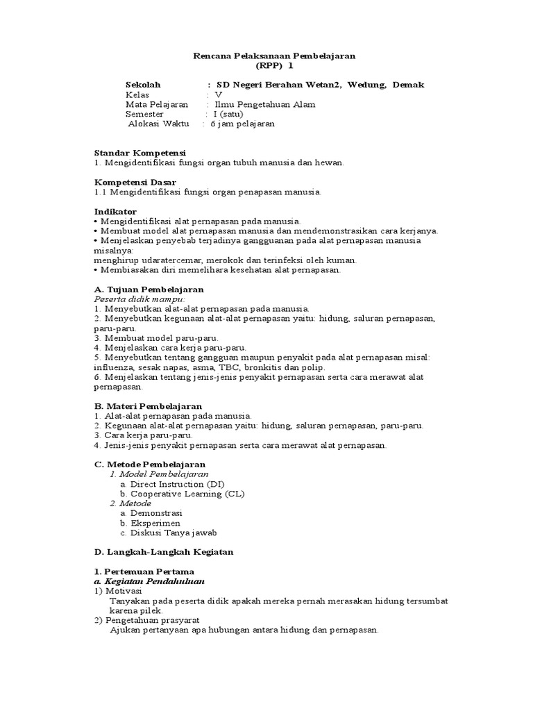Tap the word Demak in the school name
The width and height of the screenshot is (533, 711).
point(408,85)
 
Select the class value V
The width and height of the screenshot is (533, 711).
point(219,94)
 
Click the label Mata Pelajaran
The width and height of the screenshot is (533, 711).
point(157,104)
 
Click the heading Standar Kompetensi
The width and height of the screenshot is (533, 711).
point(139,153)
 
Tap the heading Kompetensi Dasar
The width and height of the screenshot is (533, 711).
point(135,182)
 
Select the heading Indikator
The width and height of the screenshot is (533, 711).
point(115,211)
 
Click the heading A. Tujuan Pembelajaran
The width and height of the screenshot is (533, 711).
point(149,289)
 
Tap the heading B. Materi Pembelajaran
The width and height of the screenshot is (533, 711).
point(148,405)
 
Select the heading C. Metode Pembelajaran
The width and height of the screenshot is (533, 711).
point(150,464)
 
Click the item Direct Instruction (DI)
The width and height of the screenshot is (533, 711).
point(177,483)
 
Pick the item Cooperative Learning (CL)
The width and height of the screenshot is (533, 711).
point(187,493)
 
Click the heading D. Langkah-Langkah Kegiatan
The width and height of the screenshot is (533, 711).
point(164,551)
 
